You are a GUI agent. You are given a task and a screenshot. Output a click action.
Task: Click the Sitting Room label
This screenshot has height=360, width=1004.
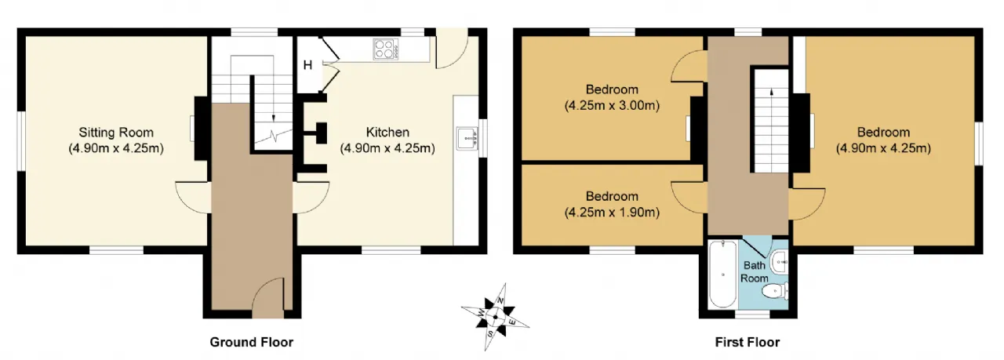tap(116, 133)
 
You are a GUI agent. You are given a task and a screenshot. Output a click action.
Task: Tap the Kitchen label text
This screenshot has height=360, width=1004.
tap(387, 133)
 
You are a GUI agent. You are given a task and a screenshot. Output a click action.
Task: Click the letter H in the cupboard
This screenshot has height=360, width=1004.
tap(307, 65)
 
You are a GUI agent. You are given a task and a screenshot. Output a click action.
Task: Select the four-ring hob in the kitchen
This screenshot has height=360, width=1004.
tap(386, 49)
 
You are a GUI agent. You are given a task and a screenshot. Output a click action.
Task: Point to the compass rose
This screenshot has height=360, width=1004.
tap(495, 317)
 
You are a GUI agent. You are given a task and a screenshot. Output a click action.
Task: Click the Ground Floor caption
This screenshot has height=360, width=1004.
tap(252, 343)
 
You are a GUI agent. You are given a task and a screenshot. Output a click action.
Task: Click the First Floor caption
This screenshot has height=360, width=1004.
tap(748, 343)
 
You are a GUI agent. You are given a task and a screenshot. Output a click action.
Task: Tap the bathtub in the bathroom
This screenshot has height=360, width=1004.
tap(722, 274)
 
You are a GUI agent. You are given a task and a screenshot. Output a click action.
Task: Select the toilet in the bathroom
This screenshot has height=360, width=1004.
tap(776, 291)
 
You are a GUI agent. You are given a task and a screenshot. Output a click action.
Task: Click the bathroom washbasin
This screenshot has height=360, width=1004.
tap(780, 261)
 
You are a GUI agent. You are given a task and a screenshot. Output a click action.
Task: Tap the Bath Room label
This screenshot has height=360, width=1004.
tap(755, 271)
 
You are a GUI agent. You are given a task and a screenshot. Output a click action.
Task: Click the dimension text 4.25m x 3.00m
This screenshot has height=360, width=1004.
tap(612, 106)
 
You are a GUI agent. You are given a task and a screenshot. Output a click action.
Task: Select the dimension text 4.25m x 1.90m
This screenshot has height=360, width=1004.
tap(612, 212)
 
